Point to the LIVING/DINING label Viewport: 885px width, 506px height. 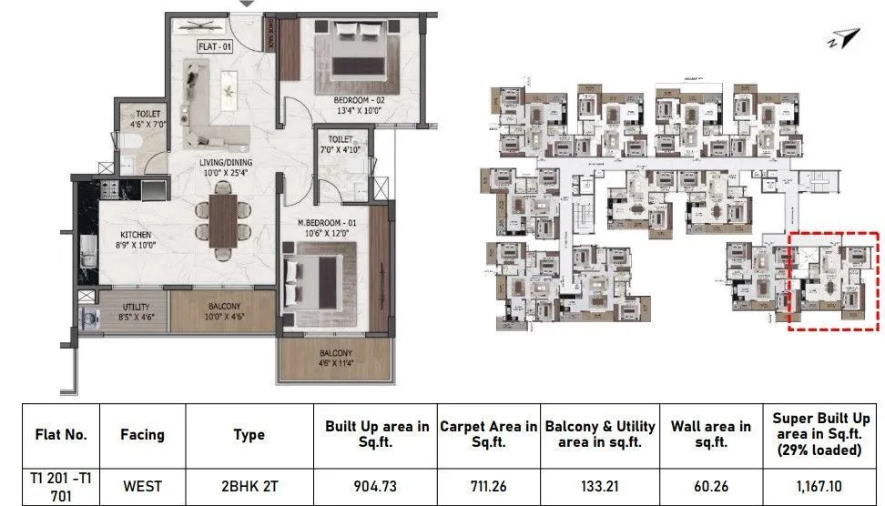tap(226, 163)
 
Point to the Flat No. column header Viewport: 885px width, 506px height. tap(60, 434)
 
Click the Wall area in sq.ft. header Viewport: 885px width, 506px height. tap(710, 434)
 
